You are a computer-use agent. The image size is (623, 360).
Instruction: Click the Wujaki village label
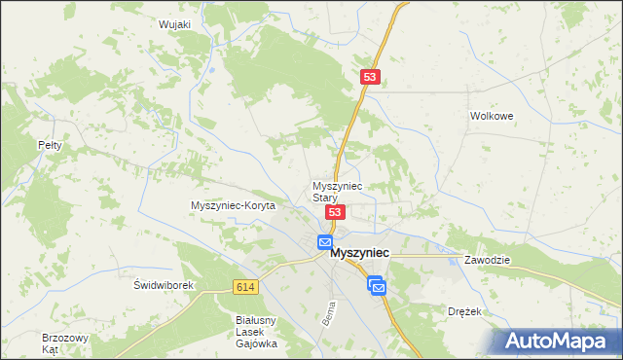point(173,24)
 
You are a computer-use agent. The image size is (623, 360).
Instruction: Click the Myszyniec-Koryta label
point(234,206)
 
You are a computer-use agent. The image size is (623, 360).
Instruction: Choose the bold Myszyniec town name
point(360,252)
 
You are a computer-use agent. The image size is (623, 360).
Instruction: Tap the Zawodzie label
point(488,262)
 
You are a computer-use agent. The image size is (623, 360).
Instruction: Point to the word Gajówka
point(257,343)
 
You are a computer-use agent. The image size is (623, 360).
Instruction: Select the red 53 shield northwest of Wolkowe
point(369,76)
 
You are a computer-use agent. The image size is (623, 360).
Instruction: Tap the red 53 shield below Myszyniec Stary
point(334,212)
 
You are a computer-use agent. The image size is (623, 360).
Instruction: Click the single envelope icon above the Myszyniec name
point(325,242)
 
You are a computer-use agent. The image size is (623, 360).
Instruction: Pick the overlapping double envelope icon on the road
point(377,285)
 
